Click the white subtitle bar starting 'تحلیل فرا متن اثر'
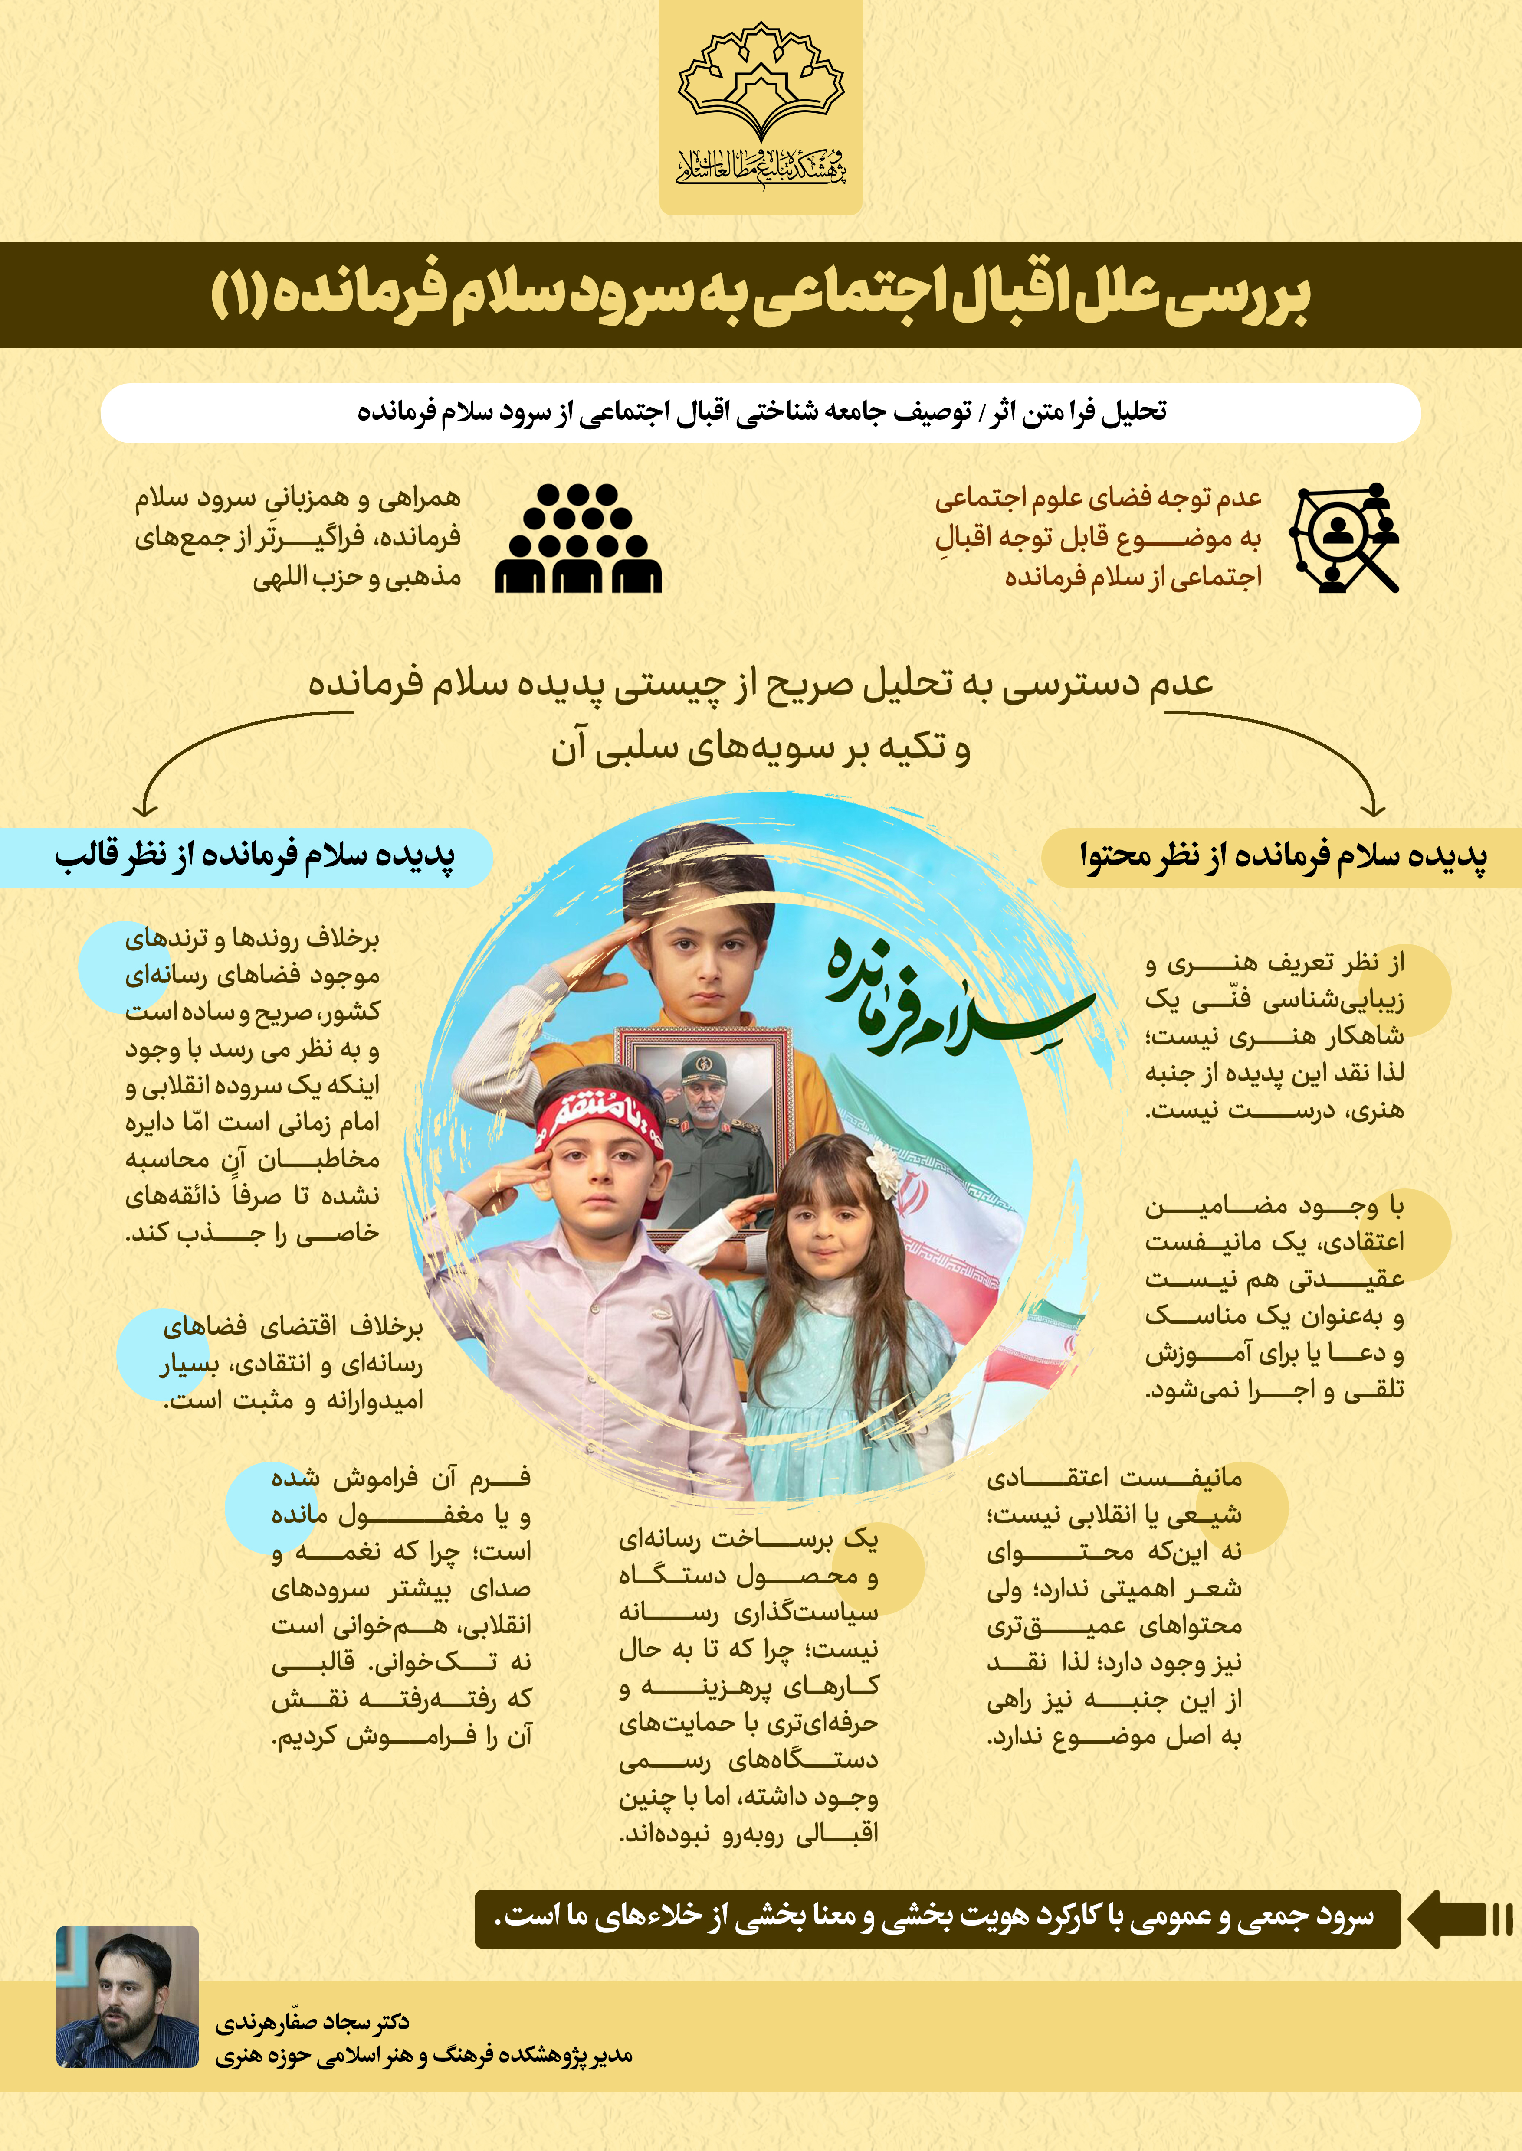click(x=760, y=412)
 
